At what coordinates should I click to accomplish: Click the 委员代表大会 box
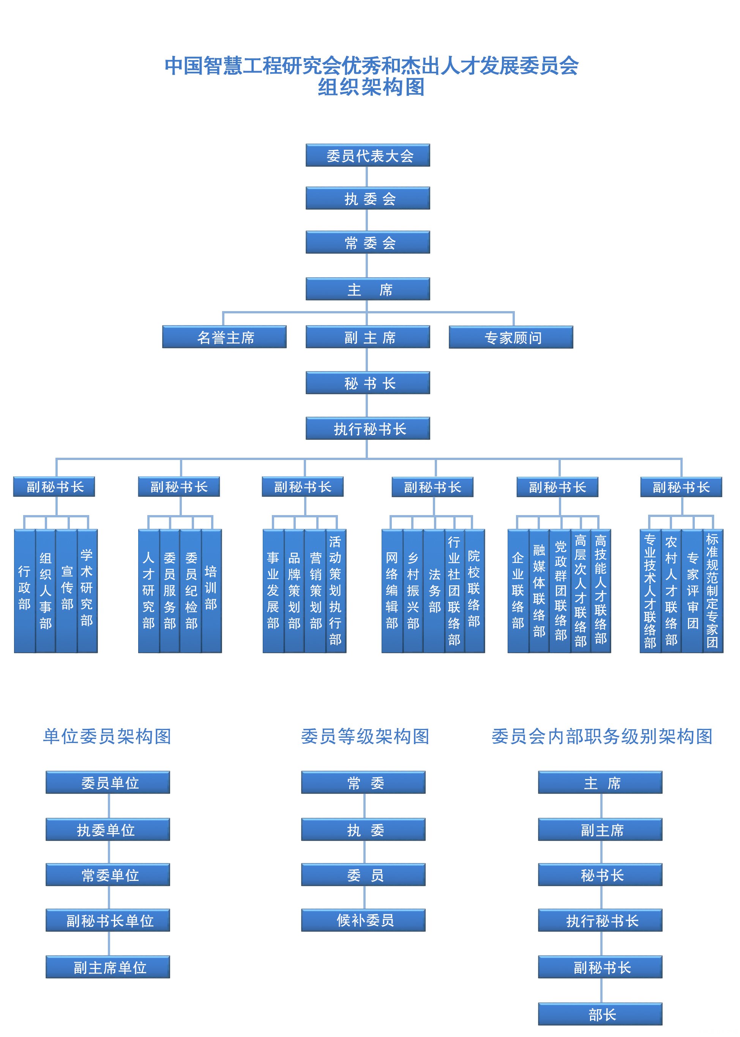pyautogui.click(x=367, y=155)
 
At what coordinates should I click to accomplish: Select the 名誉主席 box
pyautogui.click(x=224, y=337)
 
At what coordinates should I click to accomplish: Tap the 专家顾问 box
pyautogui.click(x=510, y=337)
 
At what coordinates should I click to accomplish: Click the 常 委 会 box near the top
pyautogui.click(x=367, y=242)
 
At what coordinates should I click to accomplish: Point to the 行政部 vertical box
pyautogui.click(x=24, y=590)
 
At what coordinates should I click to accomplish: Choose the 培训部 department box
pyautogui.click(x=211, y=590)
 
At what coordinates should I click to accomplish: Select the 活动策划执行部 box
pyautogui.click(x=336, y=590)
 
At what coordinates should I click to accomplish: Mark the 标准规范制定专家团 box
pyautogui.click(x=712, y=590)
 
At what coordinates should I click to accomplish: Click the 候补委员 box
pyautogui.click(x=363, y=920)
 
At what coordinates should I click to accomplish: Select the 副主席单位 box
pyautogui.click(x=107, y=967)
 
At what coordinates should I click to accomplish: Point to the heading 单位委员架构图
pyautogui.click(x=107, y=736)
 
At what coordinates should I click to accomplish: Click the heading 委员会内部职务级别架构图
pyautogui.click(x=601, y=736)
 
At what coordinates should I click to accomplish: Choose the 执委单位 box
pyautogui.click(x=107, y=829)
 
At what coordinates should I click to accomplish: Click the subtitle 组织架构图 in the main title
pyautogui.click(x=371, y=87)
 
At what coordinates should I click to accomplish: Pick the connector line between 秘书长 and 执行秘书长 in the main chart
pyautogui.click(x=367, y=405)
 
